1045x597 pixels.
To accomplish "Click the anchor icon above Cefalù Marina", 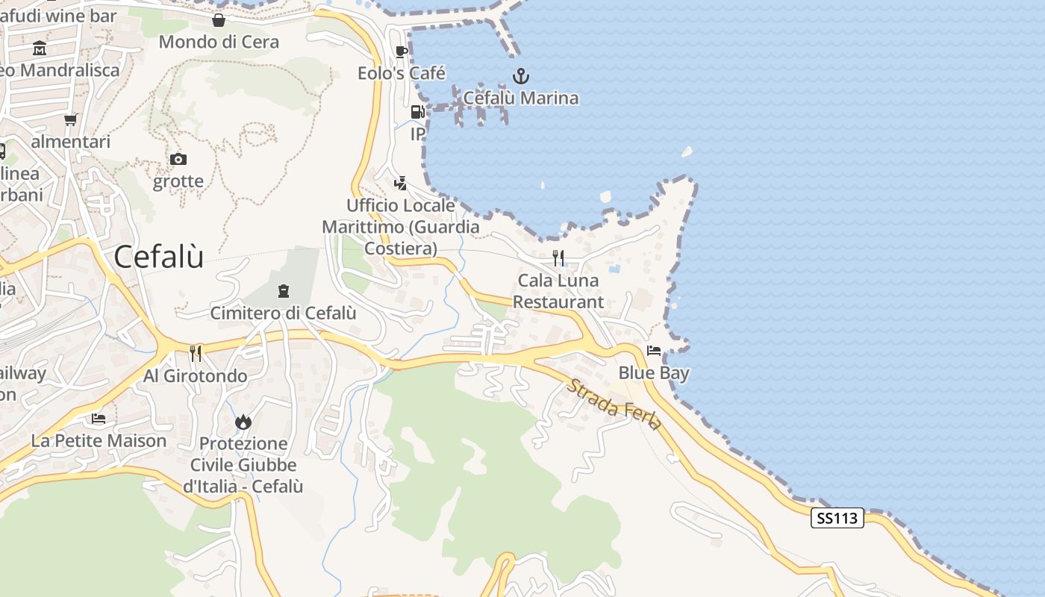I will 520,76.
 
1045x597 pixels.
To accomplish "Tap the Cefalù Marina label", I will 520,98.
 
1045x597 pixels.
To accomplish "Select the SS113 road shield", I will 837,518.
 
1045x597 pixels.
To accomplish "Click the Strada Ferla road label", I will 614,404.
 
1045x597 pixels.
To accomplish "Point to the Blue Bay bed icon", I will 654,351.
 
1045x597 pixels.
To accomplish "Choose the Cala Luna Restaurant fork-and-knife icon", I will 558,258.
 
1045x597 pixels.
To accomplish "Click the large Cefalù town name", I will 158,257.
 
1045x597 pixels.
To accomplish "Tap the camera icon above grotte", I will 178,159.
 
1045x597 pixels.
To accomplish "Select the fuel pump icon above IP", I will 417,112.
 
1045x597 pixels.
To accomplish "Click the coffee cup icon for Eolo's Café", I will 401,51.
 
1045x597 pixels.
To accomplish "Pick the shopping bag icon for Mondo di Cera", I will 219,20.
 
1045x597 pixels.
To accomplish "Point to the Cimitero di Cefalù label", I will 283,313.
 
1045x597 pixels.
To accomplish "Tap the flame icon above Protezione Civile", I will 243,422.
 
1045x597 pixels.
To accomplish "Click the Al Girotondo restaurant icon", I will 195,353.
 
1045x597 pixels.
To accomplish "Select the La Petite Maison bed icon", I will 99,419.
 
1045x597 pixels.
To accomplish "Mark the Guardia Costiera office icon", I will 401,183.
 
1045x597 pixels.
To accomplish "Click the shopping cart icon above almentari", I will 70,119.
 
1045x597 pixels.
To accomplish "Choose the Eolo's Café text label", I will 401,73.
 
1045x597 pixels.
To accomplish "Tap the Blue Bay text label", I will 654,372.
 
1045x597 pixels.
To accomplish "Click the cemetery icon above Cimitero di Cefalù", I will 283,290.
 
